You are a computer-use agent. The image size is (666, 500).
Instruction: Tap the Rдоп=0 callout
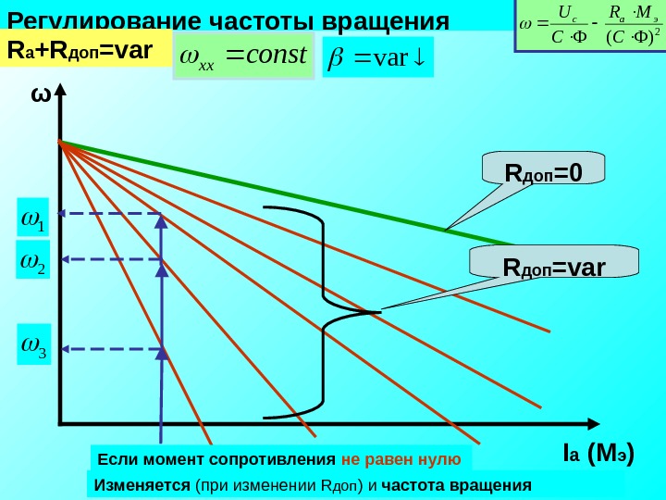(543, 172)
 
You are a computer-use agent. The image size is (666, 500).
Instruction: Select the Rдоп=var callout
(553, 267)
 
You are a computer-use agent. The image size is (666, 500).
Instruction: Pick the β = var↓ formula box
(376, 56)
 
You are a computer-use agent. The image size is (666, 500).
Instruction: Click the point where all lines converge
(60, 142)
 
